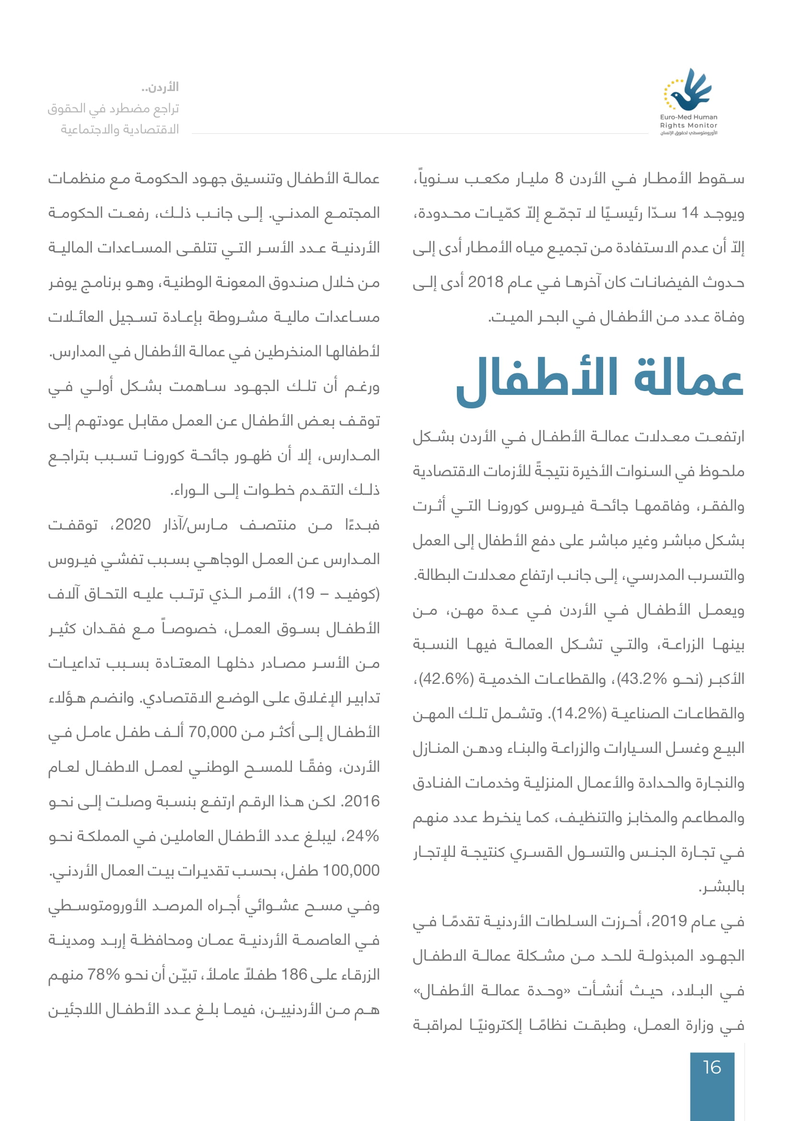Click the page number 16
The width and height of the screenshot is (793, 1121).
coord(711,1067)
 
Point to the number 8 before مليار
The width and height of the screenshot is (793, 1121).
coord(559,179)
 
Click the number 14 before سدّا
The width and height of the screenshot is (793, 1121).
coord(689,213)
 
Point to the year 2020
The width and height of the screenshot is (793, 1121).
coord(133,525)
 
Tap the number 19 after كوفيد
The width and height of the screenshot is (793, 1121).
coord(306,594)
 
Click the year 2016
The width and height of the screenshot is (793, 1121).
coord(362,802)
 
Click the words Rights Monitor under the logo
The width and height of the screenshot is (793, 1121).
coord(688,126)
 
